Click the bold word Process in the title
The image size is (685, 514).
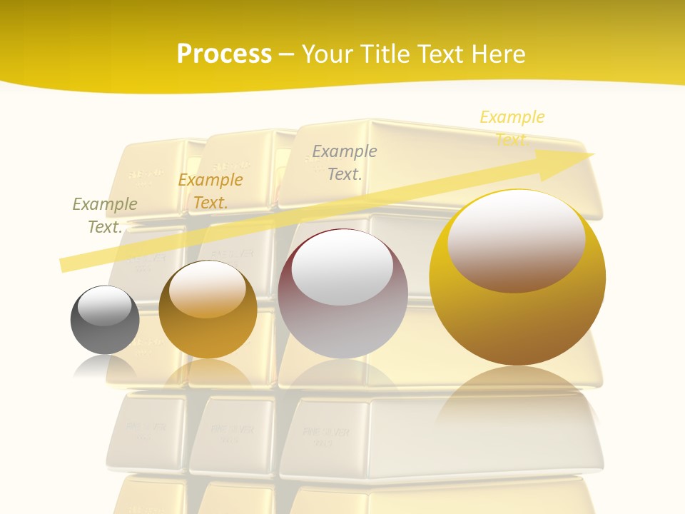224,54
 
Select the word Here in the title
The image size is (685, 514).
498,54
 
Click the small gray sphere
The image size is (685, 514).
105,321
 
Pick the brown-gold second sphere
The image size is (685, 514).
208,311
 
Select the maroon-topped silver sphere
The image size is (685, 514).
342,294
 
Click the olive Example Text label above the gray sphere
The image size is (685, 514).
105,215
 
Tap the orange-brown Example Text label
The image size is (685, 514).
210,191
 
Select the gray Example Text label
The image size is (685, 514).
345,162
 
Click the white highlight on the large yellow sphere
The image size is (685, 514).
516,241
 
